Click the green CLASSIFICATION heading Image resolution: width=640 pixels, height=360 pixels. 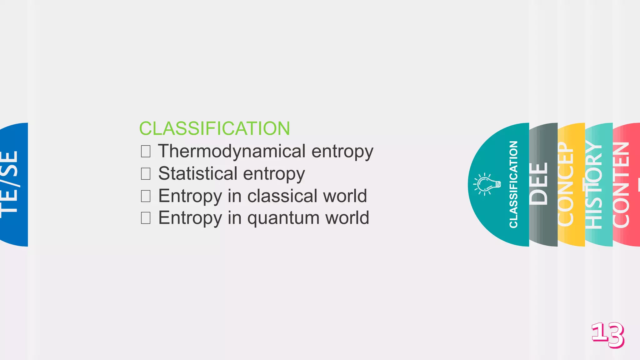point(214,128)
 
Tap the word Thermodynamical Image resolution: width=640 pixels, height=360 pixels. point(232,151)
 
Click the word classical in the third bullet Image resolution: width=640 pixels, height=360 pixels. point(282,196)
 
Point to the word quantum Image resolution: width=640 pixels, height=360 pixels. point(283,218)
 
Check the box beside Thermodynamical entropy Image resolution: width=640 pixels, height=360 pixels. point(146,151)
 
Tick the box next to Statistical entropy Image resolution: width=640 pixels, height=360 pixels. point(146,173)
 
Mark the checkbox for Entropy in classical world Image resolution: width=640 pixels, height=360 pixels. point(146,196)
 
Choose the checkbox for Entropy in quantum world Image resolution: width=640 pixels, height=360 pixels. point(146,218)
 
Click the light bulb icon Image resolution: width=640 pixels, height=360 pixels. point(487,184)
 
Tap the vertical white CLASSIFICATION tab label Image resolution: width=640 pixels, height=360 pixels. point(513,184)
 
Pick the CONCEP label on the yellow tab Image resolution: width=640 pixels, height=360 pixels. point(566,184)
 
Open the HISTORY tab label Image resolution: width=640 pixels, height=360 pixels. point(594,184)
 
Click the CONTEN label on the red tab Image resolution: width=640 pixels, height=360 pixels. point(621,184)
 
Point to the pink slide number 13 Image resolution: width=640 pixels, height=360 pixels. point(608,335)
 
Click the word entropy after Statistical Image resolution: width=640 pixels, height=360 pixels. point(274,174)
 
